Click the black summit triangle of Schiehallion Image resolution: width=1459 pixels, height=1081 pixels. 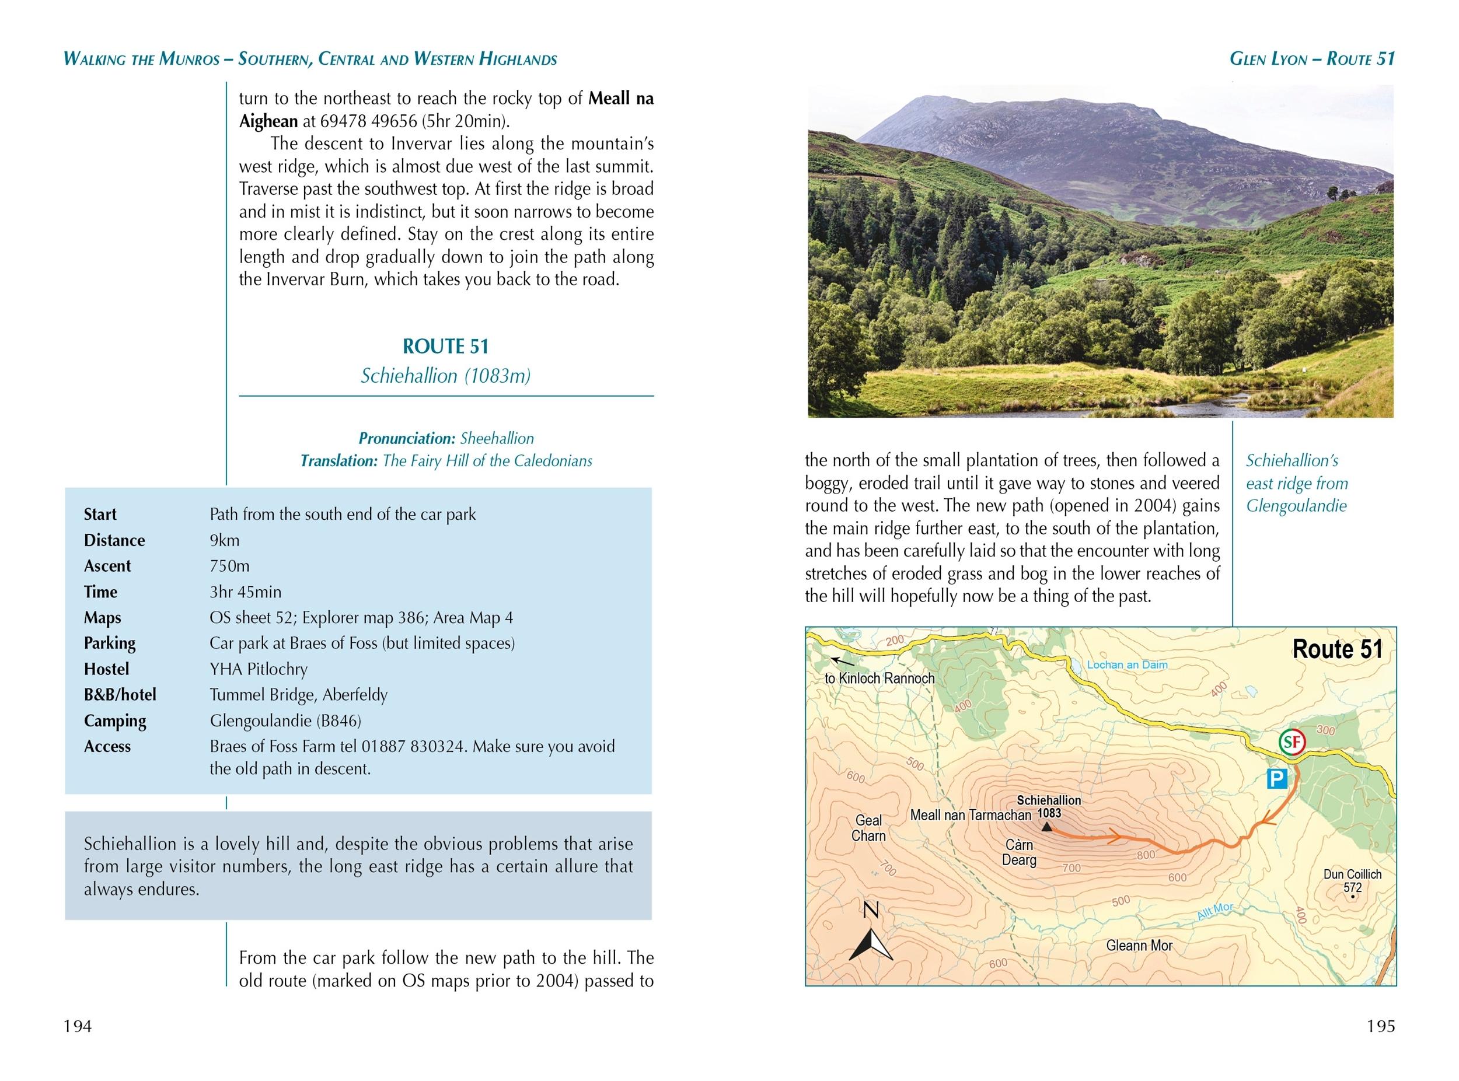pos(1046,827)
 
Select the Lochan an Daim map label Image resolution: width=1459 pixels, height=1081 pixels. pos(1127,665)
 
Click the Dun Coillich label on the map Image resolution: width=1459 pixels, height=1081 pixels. pos(1352,874)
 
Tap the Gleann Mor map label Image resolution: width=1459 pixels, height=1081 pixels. pos(1140,945)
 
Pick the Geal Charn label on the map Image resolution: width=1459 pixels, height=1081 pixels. pos(868,828)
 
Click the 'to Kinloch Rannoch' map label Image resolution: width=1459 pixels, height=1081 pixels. pos(879,678)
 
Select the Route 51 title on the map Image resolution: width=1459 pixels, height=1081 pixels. pos(1336,649)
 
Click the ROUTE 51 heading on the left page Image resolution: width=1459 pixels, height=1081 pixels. pos(445,346)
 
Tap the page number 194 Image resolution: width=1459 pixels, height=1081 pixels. pos(77,1026)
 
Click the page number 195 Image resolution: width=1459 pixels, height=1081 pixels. pos(1381,1026)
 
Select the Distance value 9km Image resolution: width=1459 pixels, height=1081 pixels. pos(225,540)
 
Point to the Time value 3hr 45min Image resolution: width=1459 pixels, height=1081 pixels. pos(246,592)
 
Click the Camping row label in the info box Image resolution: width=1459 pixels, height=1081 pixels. pos(114,720)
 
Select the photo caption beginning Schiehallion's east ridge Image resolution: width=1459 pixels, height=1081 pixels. pos(1296,483)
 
